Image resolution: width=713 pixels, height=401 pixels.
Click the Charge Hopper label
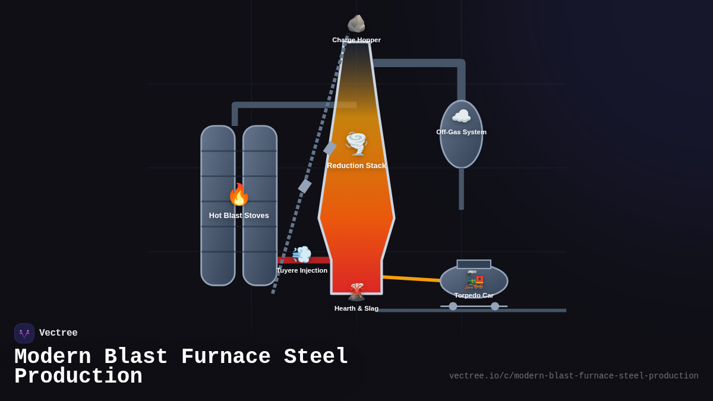[356, 40]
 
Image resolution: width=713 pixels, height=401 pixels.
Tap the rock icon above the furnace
[356, 24]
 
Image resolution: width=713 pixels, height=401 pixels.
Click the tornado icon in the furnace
[356, 143]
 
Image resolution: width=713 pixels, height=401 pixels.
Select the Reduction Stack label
[356, 166]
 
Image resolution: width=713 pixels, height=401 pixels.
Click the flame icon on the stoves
[239, 194]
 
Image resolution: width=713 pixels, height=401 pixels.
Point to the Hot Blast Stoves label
[239, 216]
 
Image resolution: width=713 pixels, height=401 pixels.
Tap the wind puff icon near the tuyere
[302, 254]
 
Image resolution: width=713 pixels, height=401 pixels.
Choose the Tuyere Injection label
[302, 270]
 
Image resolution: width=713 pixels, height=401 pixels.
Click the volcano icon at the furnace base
[356, 292]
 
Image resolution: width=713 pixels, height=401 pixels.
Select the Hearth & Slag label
[356, 308]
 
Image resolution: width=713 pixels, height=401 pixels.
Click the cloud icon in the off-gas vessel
[461, 116]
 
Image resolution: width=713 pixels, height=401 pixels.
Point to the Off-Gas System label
[461, 132]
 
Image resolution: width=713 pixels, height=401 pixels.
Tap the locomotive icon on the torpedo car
[474, 279]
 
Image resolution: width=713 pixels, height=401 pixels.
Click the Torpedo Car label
[474, 295]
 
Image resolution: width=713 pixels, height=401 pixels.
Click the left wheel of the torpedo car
[453, 307]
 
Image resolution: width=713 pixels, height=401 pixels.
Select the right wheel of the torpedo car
[495, 307]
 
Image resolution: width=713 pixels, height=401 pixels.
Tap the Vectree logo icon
[24, 333]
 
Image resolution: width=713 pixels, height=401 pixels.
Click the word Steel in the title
[316, 357]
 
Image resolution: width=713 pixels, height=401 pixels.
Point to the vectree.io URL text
[573, 376]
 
